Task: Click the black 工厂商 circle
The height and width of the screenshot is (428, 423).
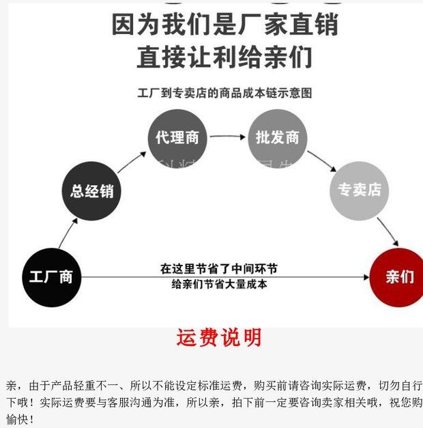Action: [51, 278]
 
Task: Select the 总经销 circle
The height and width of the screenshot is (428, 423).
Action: [91, 190]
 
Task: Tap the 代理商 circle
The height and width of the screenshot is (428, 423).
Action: [177, 137]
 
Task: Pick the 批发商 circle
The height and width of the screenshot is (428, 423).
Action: [277, 137]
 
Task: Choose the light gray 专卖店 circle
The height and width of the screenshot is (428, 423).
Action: [359, 190]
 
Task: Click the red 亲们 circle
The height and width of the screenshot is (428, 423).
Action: [398, 277]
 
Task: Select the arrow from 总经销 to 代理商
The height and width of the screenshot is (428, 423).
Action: [132, 161]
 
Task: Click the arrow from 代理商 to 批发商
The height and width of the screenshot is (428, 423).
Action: [227, 137]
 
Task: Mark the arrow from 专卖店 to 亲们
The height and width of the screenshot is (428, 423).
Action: [388, 232]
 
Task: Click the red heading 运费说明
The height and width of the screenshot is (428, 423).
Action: [219, 338]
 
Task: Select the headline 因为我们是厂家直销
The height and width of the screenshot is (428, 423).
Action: [224, 25]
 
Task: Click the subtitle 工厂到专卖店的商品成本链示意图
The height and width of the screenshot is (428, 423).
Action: [224, 92]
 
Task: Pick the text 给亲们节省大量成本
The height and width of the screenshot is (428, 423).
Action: [218, 284]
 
